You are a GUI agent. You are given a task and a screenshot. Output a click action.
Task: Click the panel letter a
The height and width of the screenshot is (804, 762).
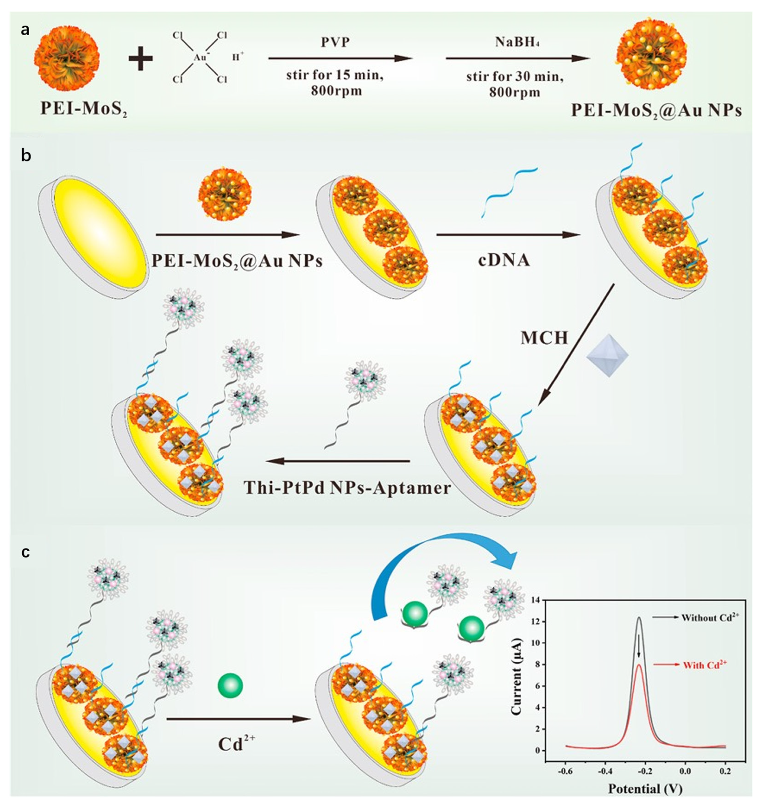(x=25, y=30)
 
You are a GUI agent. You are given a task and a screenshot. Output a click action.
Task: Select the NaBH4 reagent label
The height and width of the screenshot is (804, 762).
(x=513, y=42)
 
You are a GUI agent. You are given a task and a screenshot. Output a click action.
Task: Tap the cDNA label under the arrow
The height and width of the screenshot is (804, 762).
(x=504, y=259)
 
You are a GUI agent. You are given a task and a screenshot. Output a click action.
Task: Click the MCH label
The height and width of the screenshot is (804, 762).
(x=544, y=338)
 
